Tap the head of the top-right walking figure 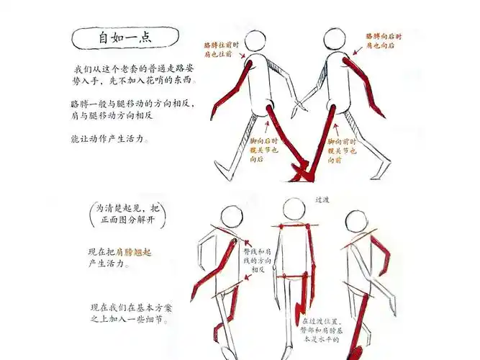[x=336, y=40]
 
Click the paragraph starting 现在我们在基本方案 [x=129, y=312]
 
